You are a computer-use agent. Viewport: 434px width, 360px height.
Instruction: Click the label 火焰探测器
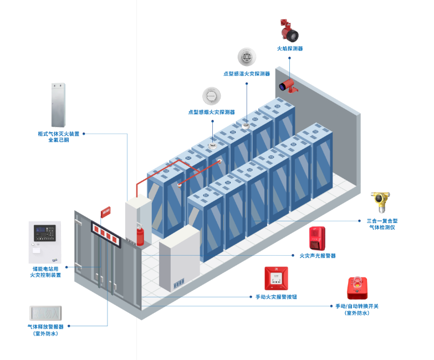click(290, 49)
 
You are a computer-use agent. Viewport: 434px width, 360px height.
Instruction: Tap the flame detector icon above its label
click(289, 32)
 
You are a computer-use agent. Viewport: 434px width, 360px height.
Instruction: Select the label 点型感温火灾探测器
click(247, 73)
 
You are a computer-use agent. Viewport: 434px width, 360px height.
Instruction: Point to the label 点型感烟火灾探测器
click(211, 112)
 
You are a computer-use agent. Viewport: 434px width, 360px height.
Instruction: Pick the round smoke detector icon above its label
click(211, 95)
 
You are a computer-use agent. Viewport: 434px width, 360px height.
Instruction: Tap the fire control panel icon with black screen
click(45, 242)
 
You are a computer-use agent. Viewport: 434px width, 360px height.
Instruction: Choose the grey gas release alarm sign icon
click(45, 314)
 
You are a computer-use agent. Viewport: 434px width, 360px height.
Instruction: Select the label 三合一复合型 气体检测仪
click(382, 224)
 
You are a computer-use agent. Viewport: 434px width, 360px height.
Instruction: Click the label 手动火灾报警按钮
click(276, 297)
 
